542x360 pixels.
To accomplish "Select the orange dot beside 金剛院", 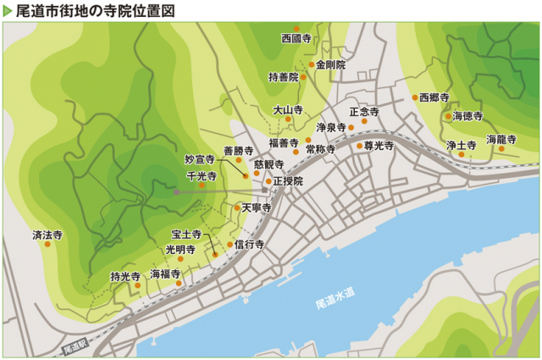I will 312,64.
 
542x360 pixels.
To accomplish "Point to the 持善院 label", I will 284,77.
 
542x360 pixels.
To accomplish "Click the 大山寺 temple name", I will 288,109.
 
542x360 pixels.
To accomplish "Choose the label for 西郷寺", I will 434,97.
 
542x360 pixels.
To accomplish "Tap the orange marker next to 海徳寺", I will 448,116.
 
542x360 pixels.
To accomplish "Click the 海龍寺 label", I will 501,138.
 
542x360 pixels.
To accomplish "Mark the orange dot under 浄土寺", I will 461,155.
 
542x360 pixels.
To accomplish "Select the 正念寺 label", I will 364,111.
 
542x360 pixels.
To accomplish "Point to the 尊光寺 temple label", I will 379,146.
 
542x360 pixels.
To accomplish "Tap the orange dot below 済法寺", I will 47,244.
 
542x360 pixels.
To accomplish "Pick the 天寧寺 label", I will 255,207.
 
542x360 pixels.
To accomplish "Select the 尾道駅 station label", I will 75,346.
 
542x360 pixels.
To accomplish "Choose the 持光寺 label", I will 125,275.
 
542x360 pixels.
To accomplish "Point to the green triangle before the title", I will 8,10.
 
